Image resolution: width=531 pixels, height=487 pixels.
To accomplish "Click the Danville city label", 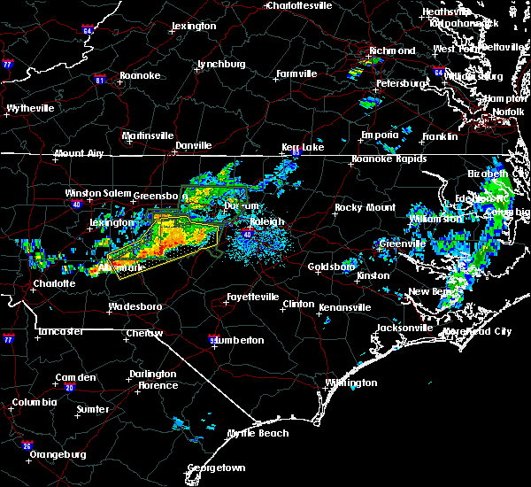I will (x=193, y=145).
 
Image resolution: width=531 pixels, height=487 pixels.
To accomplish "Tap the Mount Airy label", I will (x=79, y=154).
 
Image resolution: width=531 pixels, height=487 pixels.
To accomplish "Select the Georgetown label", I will (x=216, y=467).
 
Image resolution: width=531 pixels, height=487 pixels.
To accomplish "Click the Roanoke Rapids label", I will (x=383, y=159).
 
